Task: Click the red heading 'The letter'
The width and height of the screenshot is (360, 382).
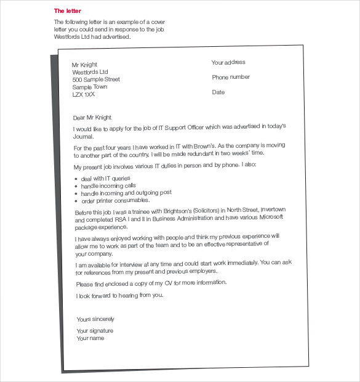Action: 67,11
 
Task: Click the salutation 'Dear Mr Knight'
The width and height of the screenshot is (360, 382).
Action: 92,117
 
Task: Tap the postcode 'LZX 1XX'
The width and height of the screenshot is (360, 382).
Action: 84,94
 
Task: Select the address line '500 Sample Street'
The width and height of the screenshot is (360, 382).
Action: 96,79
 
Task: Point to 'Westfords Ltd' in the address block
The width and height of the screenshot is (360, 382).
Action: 90,72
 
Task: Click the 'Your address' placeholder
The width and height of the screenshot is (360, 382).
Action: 228,62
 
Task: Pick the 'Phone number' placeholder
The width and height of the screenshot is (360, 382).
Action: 231,77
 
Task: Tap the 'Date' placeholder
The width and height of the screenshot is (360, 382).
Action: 218,92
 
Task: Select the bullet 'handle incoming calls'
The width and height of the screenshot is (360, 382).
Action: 107,185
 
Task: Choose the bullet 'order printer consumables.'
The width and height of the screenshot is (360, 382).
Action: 115,200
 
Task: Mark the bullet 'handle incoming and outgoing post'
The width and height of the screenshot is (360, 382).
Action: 124,193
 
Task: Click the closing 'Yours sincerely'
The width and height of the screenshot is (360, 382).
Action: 95,319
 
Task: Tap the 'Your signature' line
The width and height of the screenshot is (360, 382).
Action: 95,331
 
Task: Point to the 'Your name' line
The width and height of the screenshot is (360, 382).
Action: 90,338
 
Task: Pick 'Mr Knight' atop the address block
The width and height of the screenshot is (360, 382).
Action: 84,65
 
